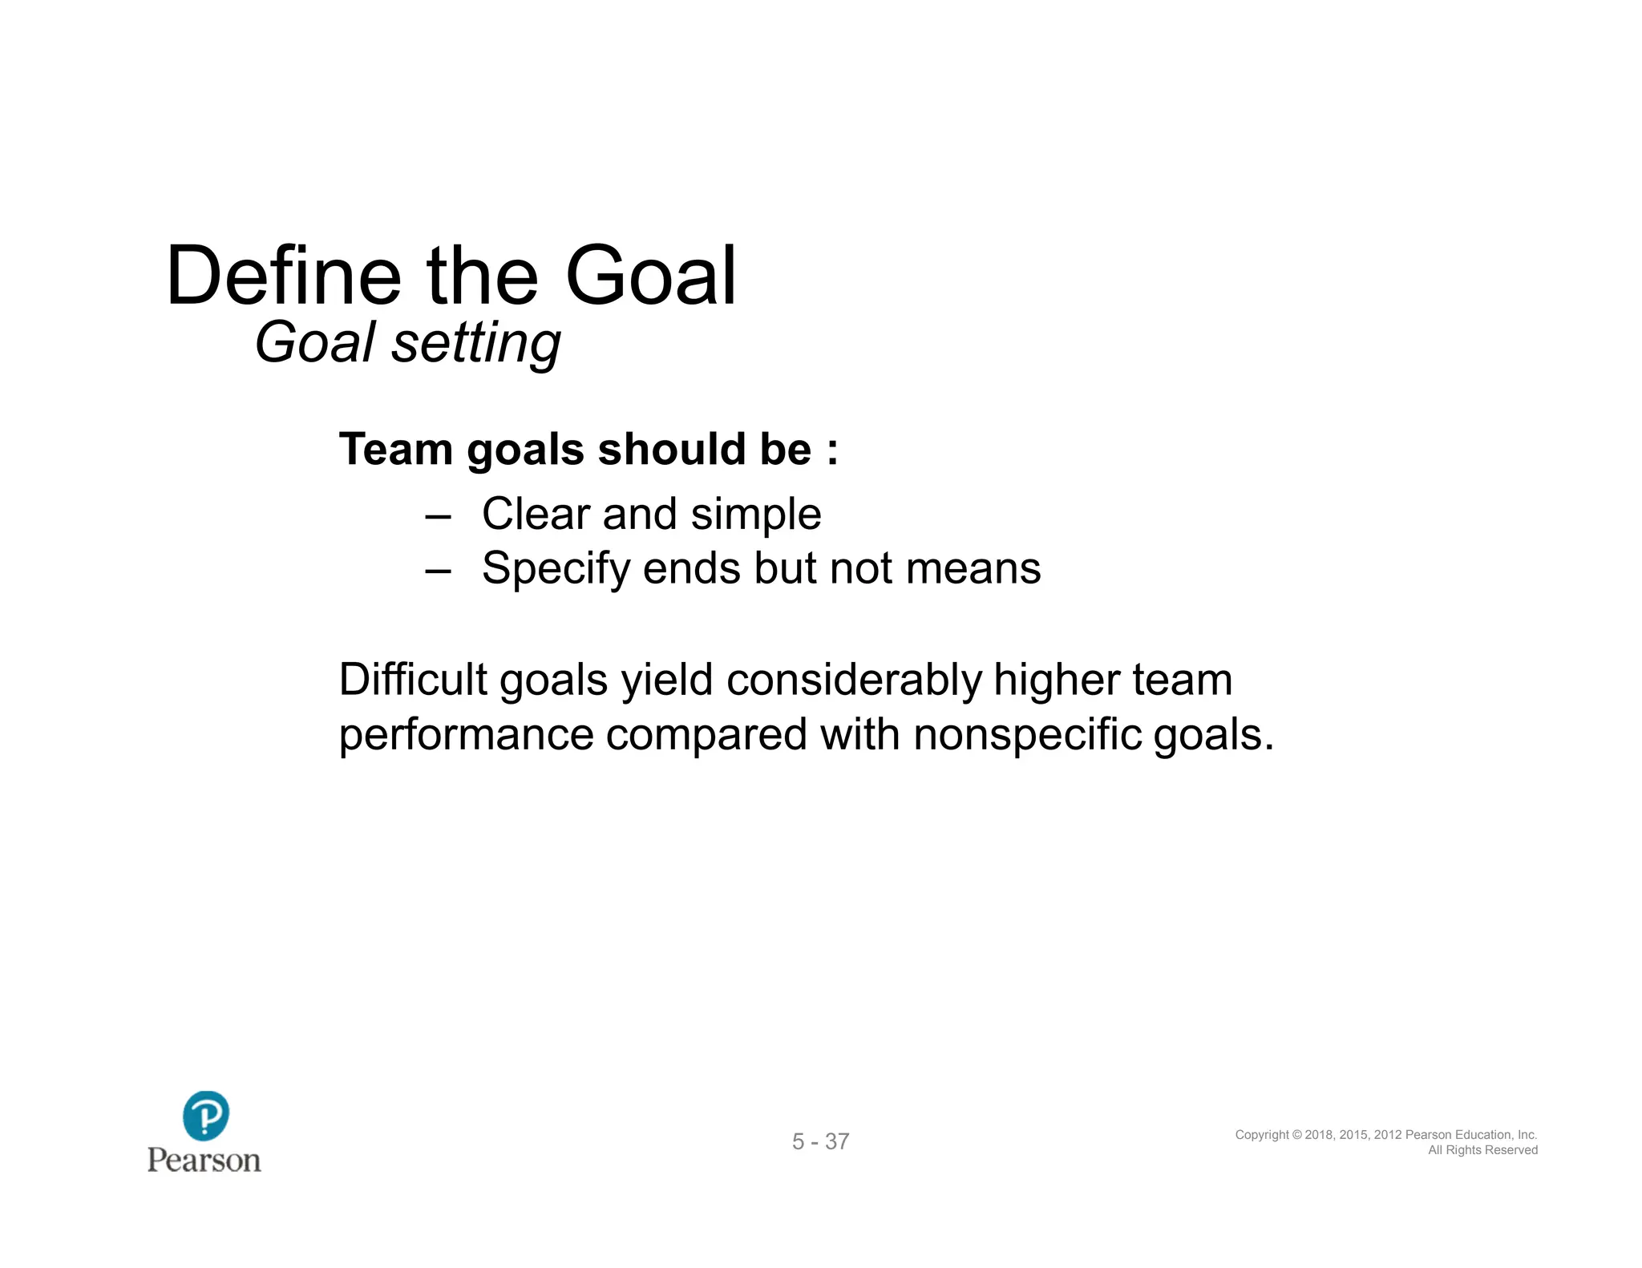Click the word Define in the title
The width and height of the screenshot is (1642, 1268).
click(283, 277)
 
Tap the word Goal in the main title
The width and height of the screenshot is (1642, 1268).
click(650, 277)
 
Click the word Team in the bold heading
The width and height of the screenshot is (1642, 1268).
click(395, 449)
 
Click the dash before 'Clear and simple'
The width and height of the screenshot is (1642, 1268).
click(438, 515)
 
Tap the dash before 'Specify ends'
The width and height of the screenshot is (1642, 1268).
click(438, 570)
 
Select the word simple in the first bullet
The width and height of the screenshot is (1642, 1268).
click(755, 515)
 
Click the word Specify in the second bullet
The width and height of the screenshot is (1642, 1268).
click(556, 570)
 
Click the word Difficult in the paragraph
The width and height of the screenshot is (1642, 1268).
click(413, 680)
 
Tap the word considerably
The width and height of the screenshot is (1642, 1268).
click(853, 680)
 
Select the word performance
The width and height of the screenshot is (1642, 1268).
click(466, 735)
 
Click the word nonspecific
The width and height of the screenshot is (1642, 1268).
click(1027, 735)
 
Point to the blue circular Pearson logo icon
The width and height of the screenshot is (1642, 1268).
click(206, 1115)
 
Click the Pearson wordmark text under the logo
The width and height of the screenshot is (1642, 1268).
click(204, 1161)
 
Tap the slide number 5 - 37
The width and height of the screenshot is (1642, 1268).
click(820, 1141)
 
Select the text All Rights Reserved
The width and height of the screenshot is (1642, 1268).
click(1482, 1150)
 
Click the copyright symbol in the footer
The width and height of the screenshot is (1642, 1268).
click(1297, 1135)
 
